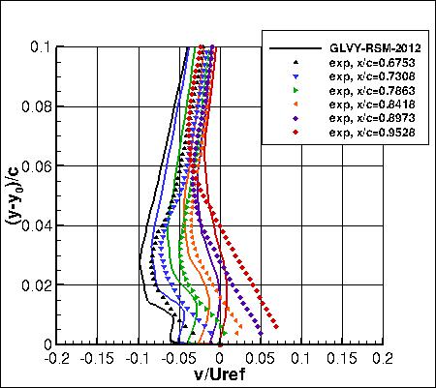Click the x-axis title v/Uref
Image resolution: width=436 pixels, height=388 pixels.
coord(218,375)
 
